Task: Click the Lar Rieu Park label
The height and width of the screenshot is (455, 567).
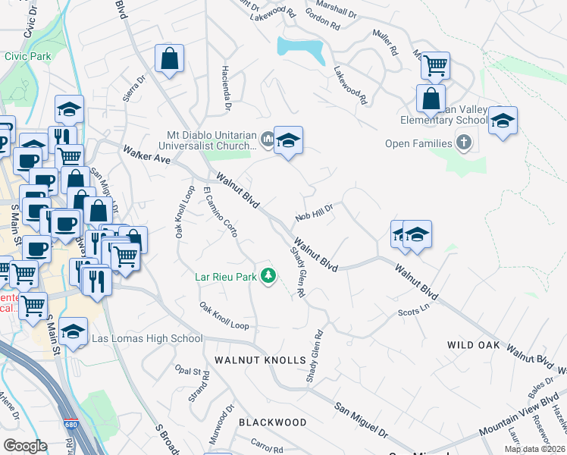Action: [226, 277]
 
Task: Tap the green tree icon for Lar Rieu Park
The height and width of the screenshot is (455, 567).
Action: [268, 276]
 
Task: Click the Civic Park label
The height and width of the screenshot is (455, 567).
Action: [27, 56]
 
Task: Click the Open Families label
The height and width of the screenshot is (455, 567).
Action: [418, 143]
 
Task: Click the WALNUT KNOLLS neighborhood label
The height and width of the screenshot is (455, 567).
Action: [260, 359]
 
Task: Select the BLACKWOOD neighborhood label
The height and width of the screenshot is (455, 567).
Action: [273, 422]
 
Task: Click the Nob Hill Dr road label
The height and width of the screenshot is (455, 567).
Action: [315, 210]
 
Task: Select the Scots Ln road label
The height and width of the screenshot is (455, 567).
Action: [414, 311]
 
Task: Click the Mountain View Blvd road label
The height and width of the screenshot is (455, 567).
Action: [518, 423]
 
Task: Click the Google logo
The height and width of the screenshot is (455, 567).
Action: [24, 446]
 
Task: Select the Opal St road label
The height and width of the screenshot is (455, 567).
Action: [191, 372]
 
